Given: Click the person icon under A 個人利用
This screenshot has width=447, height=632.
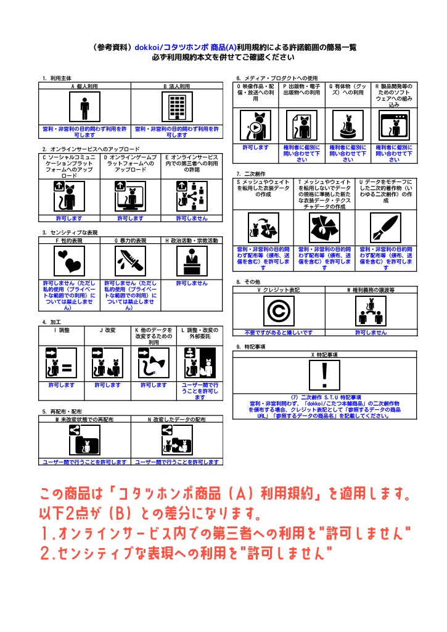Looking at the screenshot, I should [x=84, y=109].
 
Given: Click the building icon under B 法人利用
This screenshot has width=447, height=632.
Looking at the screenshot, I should [x=176, y=109].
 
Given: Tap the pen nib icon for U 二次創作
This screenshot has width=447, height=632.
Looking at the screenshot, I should [x=386, y=228].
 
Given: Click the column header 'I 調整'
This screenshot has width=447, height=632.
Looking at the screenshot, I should [x=61, y=330].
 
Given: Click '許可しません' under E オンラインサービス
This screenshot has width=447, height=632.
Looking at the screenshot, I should [x=192, y=218].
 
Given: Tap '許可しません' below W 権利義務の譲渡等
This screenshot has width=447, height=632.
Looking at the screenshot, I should [x=371, y=332].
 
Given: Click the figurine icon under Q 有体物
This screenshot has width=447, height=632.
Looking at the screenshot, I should [x=348, y=127].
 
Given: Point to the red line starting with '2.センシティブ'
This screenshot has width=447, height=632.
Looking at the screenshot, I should [x=186, y=552].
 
